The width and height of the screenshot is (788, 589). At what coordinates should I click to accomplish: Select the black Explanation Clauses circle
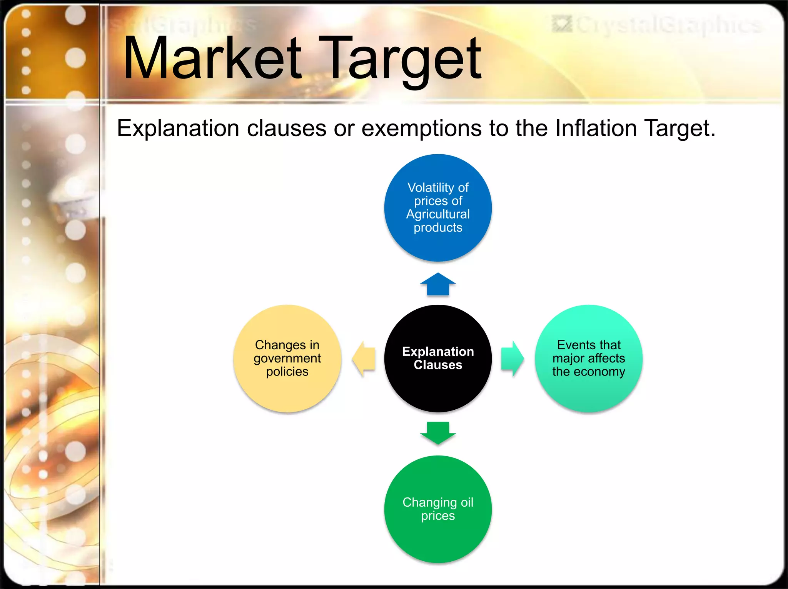[x=438, y=389]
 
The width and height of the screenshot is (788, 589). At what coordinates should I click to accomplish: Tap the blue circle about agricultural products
[x=438, y=246]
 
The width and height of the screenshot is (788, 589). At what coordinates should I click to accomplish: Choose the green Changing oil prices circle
[x=438, y=539]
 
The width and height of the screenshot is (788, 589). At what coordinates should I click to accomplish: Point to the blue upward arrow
[x=438, y=285]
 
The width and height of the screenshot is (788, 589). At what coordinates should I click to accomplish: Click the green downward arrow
[x=438, y=432]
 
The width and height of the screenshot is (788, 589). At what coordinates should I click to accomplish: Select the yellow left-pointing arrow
[x=364, y=359]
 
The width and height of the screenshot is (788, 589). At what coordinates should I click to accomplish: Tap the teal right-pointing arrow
[x=512, y=359]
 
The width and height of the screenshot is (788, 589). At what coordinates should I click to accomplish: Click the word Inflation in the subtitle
[x=596, y=128]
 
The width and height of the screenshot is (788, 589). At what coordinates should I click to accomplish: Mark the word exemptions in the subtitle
[x=421, y=128]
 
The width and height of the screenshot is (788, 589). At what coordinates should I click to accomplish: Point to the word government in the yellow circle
[x=287, y=359]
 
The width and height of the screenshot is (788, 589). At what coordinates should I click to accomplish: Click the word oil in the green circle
[x=467, y=502]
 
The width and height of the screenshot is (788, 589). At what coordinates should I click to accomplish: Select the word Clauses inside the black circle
[x=438, y=365]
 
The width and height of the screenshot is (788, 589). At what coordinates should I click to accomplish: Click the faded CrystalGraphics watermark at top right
[x=658, y=25]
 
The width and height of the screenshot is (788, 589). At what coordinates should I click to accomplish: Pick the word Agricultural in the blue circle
[x=438, y=214]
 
